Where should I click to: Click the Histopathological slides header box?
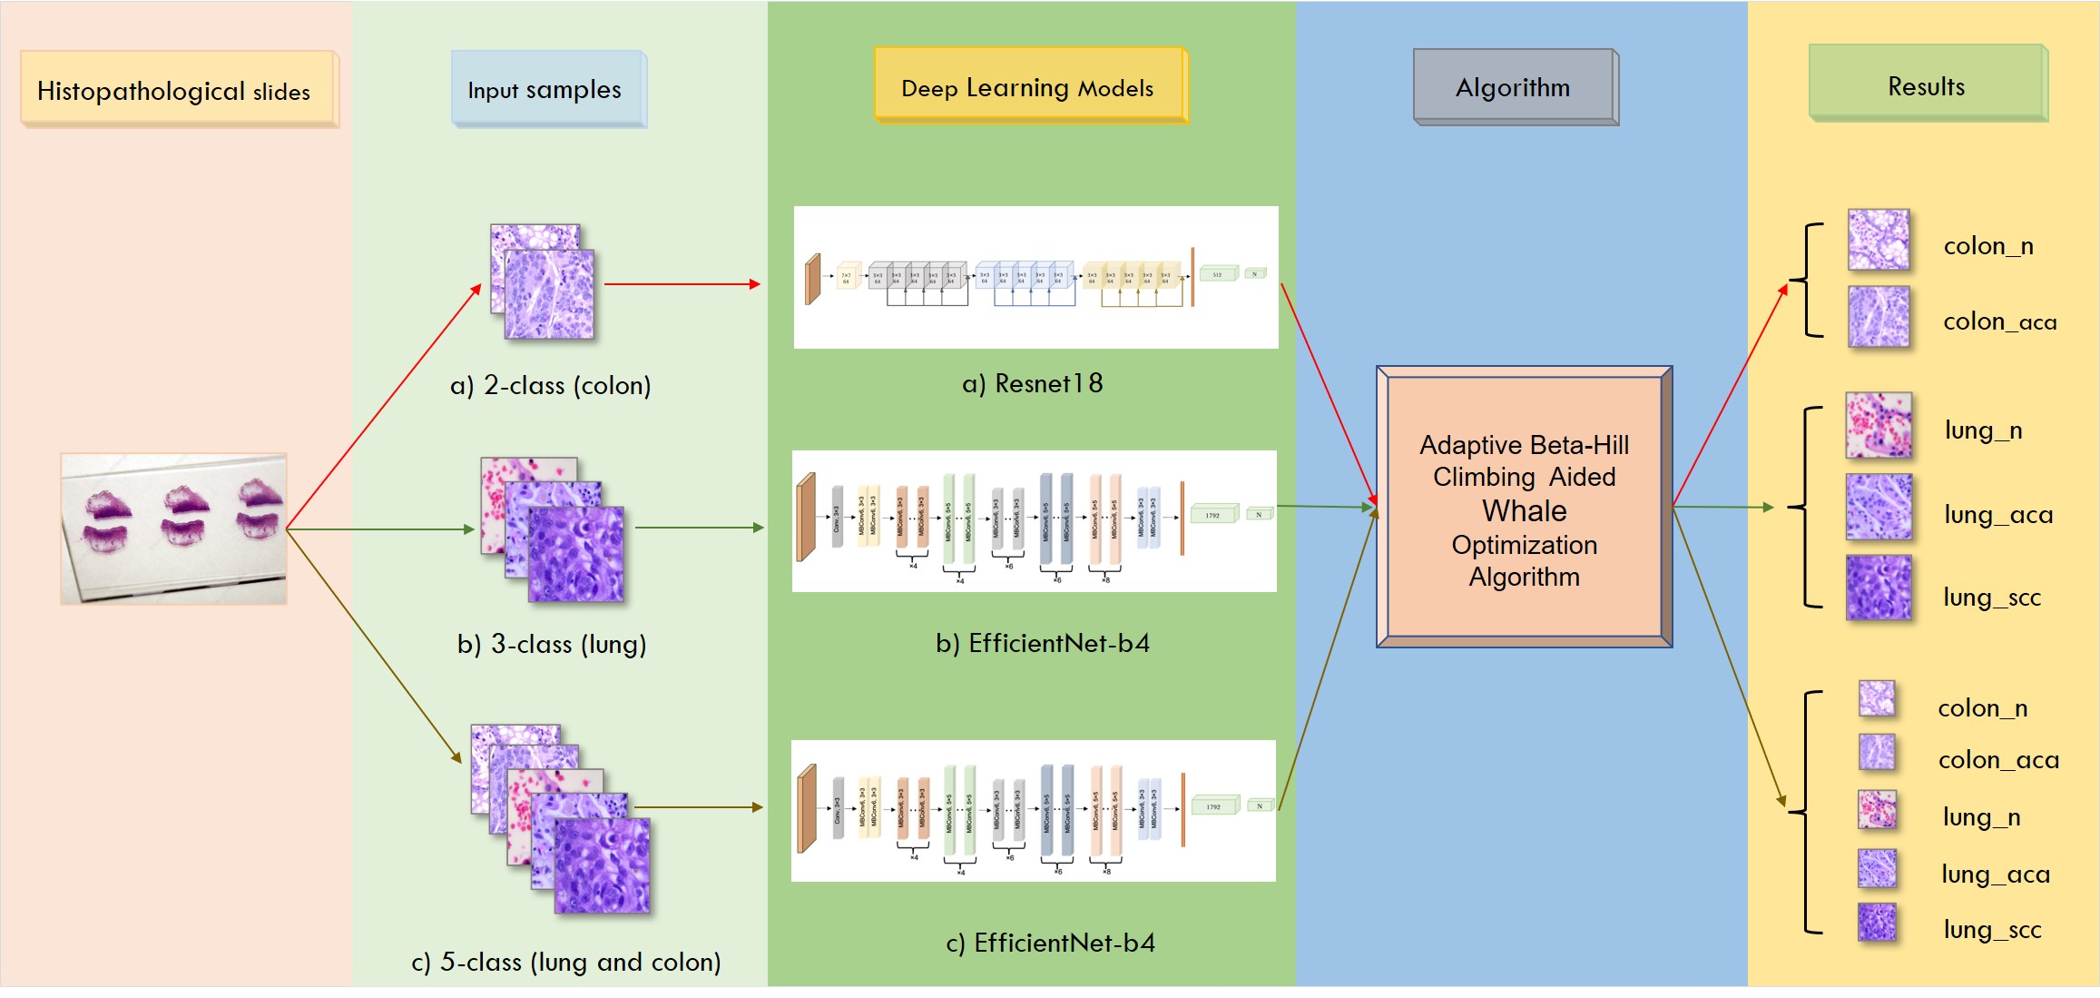[x=178, y=89]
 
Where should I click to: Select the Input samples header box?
[x=548, y=89]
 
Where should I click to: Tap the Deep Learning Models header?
[x=1029, y=86]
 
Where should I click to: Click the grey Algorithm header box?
[x=1514, y=86]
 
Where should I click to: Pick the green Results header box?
[x=1927, y=84]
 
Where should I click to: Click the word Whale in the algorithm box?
[x=1525, y=511]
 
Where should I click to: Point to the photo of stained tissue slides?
[x=174, y=529]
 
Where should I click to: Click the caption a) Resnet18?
[x=1032, y=383]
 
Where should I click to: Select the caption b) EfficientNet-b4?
[x=1043, y=643]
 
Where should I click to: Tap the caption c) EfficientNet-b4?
[x=1051, y=943]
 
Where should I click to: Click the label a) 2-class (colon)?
[x=550, y=385]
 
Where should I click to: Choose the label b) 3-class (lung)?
[x=552, y=644]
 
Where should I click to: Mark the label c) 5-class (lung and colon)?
[x=566, y=962]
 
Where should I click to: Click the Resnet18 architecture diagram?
[x=1035, y=277]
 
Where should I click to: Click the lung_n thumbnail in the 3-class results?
[x=1879, y=425]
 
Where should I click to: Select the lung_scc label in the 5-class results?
[x=1992, y=929]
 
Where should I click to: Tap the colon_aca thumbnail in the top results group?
[x=1879, y=317]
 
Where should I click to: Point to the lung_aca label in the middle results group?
[x=1998, y=515]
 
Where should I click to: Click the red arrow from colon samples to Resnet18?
[x=682, y=284]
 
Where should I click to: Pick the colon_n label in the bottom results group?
[x=1983, y=708]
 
